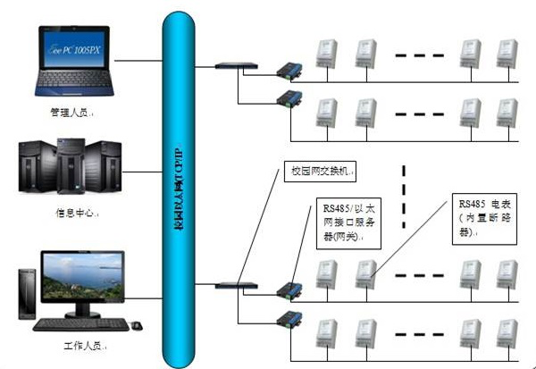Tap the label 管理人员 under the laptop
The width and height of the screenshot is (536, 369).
(71, 113)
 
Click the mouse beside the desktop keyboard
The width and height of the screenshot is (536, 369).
(136, 324)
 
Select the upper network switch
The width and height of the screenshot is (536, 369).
(235, 64)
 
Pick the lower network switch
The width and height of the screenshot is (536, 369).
(235, 285)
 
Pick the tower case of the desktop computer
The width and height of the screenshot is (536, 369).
(26, 294)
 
